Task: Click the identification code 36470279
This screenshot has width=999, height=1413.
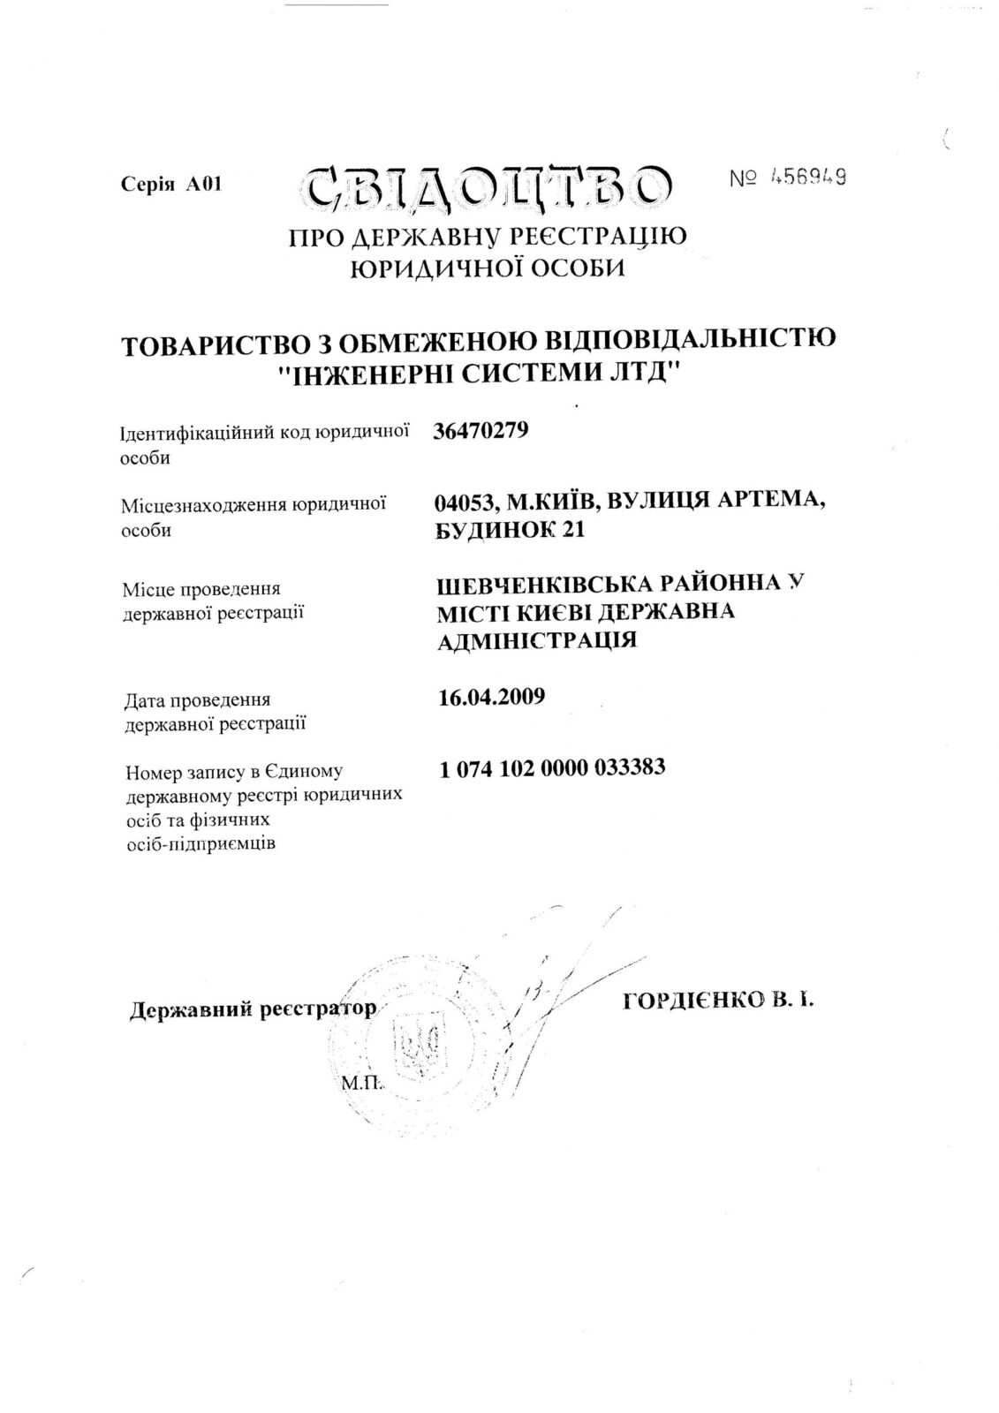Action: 481,431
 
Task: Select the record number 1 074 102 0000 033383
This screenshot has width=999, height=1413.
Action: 552,767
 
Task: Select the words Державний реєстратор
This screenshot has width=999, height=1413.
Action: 253,1009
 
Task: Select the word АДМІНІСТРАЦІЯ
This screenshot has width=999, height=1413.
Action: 537,640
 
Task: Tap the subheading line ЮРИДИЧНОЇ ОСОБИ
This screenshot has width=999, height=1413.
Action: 488,268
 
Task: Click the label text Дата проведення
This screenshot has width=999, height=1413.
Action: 198,701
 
